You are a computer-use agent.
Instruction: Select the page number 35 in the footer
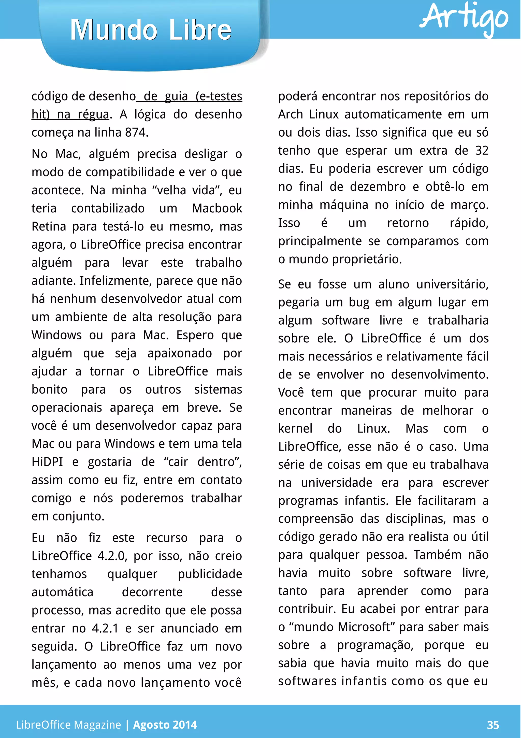[493, 725]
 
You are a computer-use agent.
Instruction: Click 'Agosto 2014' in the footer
[165, 725]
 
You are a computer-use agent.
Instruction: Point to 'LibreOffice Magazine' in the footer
[68, 725]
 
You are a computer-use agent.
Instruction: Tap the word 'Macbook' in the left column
[217, 208]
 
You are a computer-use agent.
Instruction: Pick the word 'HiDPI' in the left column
[47, 462]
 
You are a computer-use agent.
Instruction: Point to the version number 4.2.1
[105, 628]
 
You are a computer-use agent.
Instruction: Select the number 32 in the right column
[482, 150]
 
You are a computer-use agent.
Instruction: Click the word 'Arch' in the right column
[291, 114]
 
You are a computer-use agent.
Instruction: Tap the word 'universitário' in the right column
[452, 284]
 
